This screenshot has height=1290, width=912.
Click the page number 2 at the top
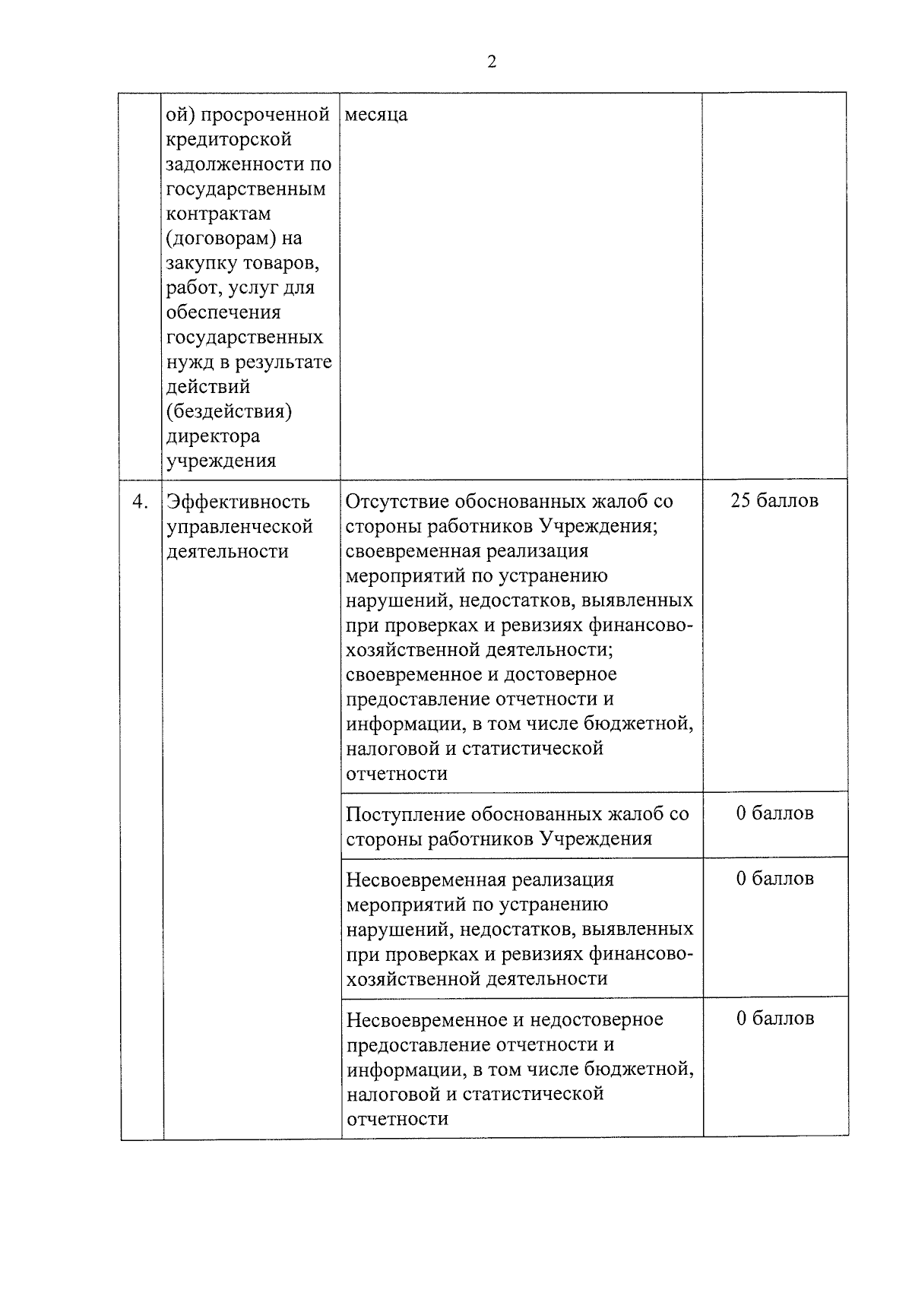tap(491, 62)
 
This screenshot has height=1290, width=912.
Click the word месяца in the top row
tap(376, 115)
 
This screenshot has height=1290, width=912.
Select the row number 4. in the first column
tap(140, 502)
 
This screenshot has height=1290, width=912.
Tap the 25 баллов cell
tap(774, 501)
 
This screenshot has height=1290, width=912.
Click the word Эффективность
tap(239, 502)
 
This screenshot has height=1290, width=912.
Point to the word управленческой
tap(240, 526)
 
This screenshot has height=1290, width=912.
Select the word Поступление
tap(405, 814)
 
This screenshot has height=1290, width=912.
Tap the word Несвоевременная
tap(426, 880)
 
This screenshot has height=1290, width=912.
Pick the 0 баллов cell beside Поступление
tap(774, 813)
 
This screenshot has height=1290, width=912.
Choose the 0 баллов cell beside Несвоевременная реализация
tap(774, 879)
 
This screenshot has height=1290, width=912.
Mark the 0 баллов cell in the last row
tap(774, 1019)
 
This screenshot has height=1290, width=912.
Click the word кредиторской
tap(229, 140)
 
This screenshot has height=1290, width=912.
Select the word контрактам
tap(218, 214)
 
